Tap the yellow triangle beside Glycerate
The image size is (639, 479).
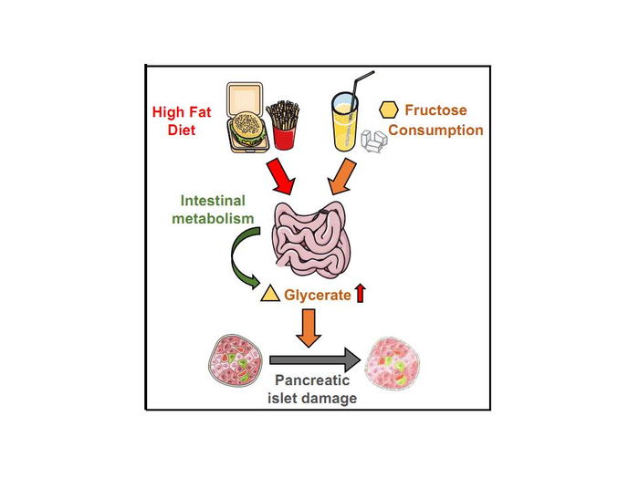270,294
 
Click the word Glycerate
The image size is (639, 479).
317,294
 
